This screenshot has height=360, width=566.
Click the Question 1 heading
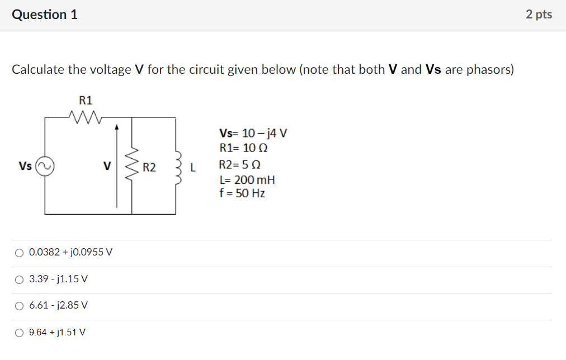coord(45,15)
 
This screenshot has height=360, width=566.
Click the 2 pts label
coord(539,15)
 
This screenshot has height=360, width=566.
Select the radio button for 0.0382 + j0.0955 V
coord(20,253)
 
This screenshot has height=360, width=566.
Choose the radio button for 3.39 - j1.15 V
coord(20,279)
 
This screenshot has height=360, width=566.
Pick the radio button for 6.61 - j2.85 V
coord(20,306)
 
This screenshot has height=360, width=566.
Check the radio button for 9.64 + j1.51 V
coord(20,333)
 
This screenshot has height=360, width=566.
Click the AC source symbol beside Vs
coord(45,167)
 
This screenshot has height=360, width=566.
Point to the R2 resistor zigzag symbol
coord(132,167)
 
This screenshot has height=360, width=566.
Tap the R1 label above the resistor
coord(86,101)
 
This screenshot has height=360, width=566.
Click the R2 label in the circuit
coord(149,167)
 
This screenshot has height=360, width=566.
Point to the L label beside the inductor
coord(194,167)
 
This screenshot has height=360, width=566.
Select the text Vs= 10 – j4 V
coord(253,134)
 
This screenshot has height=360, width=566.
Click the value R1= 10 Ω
coord(244,149)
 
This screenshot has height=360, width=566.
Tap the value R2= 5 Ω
coord(240,165)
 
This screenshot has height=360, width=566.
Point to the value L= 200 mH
coord(247,180)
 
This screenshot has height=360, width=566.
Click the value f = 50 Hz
coord(242,193)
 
